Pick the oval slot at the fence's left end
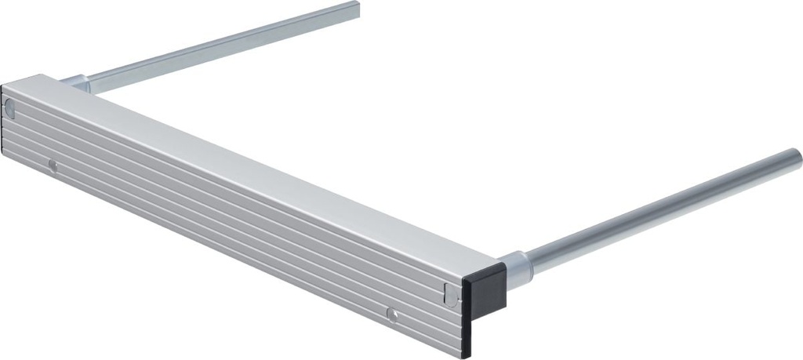pos(9,108)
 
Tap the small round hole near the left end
pos(53,165)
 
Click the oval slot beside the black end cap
pos(449,293)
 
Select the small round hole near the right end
pos(391,315)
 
